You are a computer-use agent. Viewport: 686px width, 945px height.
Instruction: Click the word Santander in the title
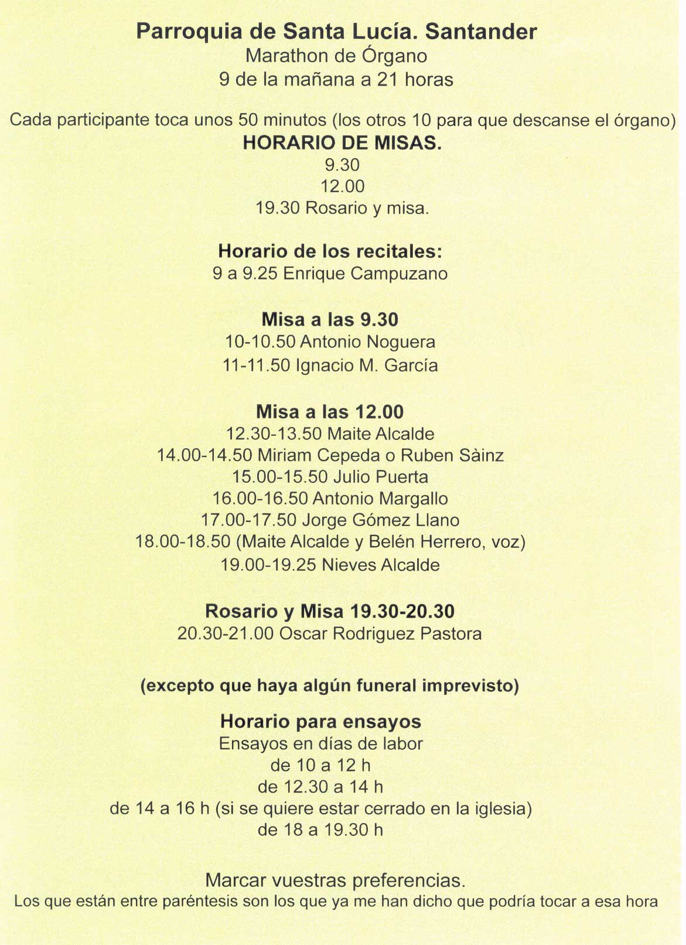tap(481, 32)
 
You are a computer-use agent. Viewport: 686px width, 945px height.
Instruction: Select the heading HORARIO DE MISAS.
tap(342, 143)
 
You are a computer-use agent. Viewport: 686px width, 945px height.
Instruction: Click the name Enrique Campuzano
tap(365, 274)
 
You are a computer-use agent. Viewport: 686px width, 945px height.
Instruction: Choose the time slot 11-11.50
tap(256, 366)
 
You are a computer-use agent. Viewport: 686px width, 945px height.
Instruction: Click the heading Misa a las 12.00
tap(330, 412)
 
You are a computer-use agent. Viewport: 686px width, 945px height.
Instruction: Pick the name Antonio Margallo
tap(380, 499)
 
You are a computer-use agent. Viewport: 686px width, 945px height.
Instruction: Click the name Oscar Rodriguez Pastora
tap(380, 634)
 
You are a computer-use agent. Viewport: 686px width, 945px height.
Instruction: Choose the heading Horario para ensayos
tap(320, 721)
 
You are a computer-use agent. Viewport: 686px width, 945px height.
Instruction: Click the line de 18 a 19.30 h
tap(320, 830)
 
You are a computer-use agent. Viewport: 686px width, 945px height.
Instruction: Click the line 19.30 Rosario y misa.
tap(342, 208)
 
